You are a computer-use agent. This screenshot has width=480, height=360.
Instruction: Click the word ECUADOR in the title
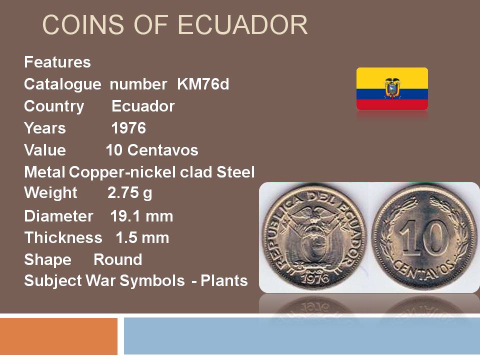242,25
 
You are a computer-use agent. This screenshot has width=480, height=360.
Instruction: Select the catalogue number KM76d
203,84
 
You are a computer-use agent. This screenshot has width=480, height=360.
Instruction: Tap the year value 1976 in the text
128,128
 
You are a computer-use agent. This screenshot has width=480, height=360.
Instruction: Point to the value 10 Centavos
152,150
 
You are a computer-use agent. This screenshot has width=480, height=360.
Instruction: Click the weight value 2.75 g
130,193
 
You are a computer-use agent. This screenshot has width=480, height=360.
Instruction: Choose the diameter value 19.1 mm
141,216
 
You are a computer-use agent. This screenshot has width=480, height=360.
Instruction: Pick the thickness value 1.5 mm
142,237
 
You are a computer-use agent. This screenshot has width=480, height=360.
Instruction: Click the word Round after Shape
118,259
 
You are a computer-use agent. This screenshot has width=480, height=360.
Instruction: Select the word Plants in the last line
224,280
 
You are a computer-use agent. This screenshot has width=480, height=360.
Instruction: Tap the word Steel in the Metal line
235,172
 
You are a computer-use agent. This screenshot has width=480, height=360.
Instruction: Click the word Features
57,62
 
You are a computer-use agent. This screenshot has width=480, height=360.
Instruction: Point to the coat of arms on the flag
392,88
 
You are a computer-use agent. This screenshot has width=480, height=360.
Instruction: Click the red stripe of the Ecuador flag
392,104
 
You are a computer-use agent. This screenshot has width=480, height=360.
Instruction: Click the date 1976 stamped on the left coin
314,278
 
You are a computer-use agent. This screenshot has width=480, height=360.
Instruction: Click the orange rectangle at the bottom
59,336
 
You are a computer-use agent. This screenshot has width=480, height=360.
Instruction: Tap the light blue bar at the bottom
302,336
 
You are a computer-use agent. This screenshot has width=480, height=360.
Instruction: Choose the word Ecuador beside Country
143,106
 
